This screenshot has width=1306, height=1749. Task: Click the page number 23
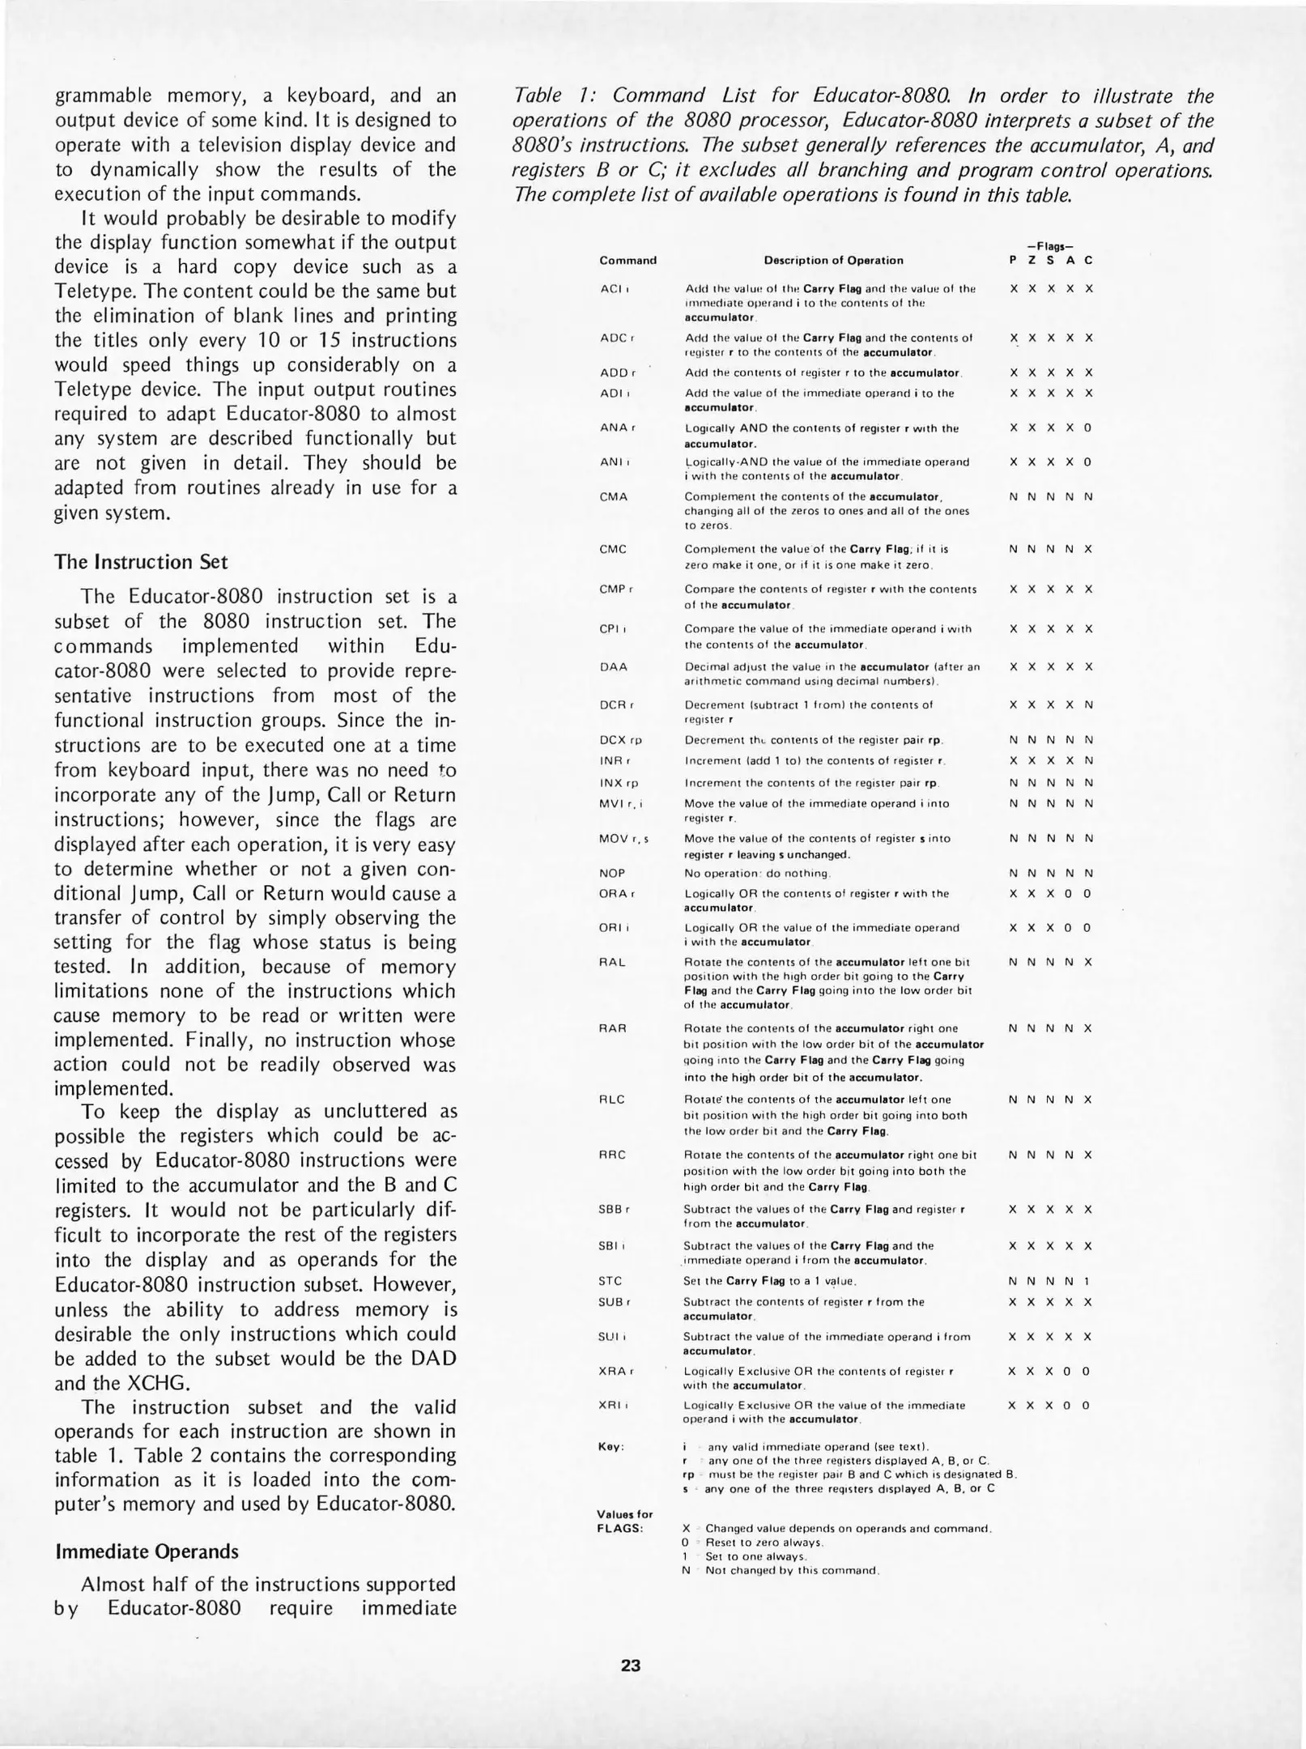631,1666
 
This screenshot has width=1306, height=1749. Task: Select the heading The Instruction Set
141,562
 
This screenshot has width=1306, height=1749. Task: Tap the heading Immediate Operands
147,1551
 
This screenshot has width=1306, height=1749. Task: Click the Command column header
627,261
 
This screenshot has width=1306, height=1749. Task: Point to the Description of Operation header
833,261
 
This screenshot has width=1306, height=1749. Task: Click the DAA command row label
614,667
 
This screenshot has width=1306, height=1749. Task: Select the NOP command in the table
612,874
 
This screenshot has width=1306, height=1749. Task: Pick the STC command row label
610,1281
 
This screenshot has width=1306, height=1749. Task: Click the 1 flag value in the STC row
1087,1282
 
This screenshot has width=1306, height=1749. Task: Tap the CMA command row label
614,496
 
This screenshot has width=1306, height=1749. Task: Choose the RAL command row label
612,962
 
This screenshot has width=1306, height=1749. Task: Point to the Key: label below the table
611,1447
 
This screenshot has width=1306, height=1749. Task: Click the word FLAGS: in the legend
620,1529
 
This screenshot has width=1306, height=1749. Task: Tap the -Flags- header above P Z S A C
1049,246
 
